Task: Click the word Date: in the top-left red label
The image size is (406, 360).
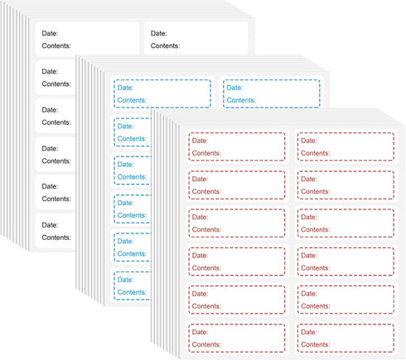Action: tap(201, 141)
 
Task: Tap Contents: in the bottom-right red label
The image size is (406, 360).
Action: tap(316, 344)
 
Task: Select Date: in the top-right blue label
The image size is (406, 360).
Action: tap(234, 88)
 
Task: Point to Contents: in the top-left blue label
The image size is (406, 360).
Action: tap(132, 100)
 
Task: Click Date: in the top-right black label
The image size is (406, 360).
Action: tap(159, 33)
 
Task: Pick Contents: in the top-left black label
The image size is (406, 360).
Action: tap(56, 46)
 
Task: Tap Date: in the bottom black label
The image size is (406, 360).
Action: tap(50, 225)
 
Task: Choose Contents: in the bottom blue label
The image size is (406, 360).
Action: tap(132, 292)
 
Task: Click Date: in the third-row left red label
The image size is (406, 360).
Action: tap(201, 217)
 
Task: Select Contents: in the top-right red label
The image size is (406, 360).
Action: tap(316, 153)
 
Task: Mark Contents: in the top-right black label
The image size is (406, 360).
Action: tap(165, 46)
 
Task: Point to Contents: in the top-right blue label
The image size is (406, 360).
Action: tap(241, 100)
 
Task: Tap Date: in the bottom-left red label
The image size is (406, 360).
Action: tap(201, 332)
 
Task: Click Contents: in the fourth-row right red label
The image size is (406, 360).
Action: tap(316, 268)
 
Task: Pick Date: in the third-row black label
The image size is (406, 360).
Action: tap(50, 110)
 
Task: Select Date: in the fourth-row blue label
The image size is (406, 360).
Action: tap(125, 203)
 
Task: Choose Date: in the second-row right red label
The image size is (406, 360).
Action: tap(309, 179)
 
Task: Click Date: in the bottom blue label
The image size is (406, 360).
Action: tap(125, 280)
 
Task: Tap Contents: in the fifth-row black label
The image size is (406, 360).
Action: tap(56, 199)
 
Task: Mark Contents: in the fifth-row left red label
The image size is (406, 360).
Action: tap(206, 306)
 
